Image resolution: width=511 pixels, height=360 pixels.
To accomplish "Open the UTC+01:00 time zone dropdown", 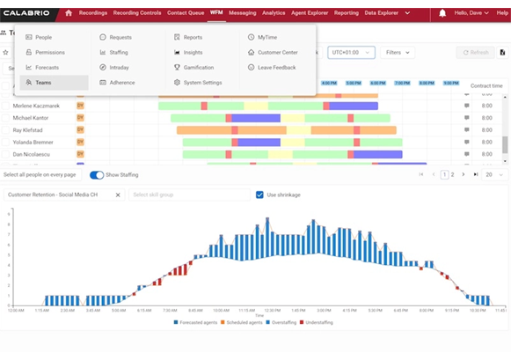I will (351, 53).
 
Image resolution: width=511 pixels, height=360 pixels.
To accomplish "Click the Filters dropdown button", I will (398, 53).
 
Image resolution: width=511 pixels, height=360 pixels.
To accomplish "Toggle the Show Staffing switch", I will (97, 175).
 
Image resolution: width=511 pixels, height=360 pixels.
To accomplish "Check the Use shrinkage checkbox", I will (259, 195).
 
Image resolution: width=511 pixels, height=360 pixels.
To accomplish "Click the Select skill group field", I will (186, 195).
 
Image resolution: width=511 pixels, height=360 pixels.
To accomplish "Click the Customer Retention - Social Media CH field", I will (62, 195).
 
